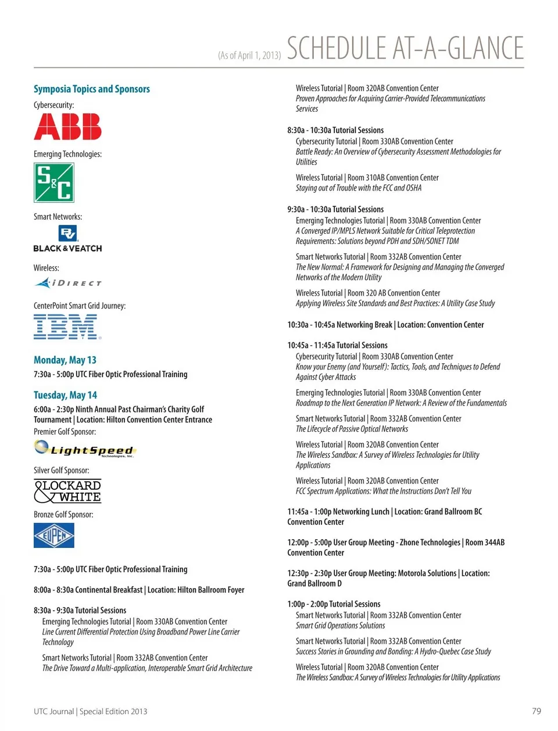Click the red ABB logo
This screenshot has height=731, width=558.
coord(67,127)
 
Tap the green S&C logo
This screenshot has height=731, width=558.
coord(54,182)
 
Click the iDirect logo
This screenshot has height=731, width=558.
coord(68,283)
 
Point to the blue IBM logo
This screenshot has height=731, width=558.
coord(67,327)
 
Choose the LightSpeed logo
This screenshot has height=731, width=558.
coord(84,449)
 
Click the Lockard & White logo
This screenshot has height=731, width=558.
coord(67,491)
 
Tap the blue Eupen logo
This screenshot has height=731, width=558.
coord(54,535)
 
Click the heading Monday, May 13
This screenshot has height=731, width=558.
coord(65,360)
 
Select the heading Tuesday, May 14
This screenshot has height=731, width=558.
coord(65,395)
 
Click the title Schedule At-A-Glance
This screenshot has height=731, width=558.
coord(405,48)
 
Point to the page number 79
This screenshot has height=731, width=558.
coord(536,711)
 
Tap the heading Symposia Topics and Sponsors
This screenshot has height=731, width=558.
coord(92,89)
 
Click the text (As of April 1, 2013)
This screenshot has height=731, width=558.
coord(249,55)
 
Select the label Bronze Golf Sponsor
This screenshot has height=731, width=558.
coord(63,514)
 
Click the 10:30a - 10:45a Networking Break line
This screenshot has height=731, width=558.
coord(385,325)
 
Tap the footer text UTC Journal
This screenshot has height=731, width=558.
coord(54,711)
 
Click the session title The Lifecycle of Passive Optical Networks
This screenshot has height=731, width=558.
coord(352,429)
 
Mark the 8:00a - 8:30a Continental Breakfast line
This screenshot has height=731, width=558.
coord(139,590)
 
